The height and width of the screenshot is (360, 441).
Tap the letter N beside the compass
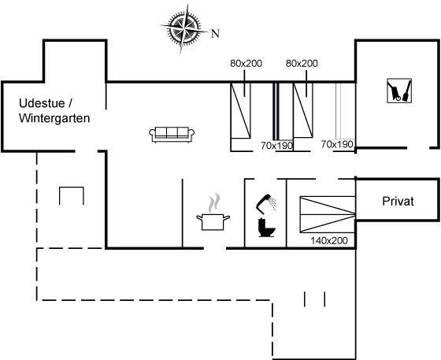click(x=215, y=34)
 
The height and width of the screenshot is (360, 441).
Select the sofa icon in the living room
click(x=172, y=135)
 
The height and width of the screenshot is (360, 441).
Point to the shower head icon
click(x=266, y=203)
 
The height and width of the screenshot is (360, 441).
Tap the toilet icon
click(x=266, y=227)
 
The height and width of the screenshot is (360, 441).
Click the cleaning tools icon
click(x=399, y=91)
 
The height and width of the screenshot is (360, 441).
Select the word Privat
click(x=398, y=202)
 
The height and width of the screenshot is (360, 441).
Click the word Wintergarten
click(x=54, y=118)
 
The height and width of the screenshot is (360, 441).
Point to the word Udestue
click(x=42, y=103)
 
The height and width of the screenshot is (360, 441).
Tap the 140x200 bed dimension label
click(x=329, y=241)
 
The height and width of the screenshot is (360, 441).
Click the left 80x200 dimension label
click(x=246, y=63)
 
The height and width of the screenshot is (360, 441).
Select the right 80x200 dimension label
click(x=302, y=63)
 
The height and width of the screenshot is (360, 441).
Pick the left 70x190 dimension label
click(x=277, y=146)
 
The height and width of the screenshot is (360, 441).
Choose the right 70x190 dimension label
click(x=337, y=144)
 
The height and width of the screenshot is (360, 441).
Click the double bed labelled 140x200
click(x=328, y=214)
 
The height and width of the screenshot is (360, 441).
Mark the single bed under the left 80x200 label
click(x=240, y=110)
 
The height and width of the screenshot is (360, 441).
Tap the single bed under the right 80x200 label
click(x=303, y=110)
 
